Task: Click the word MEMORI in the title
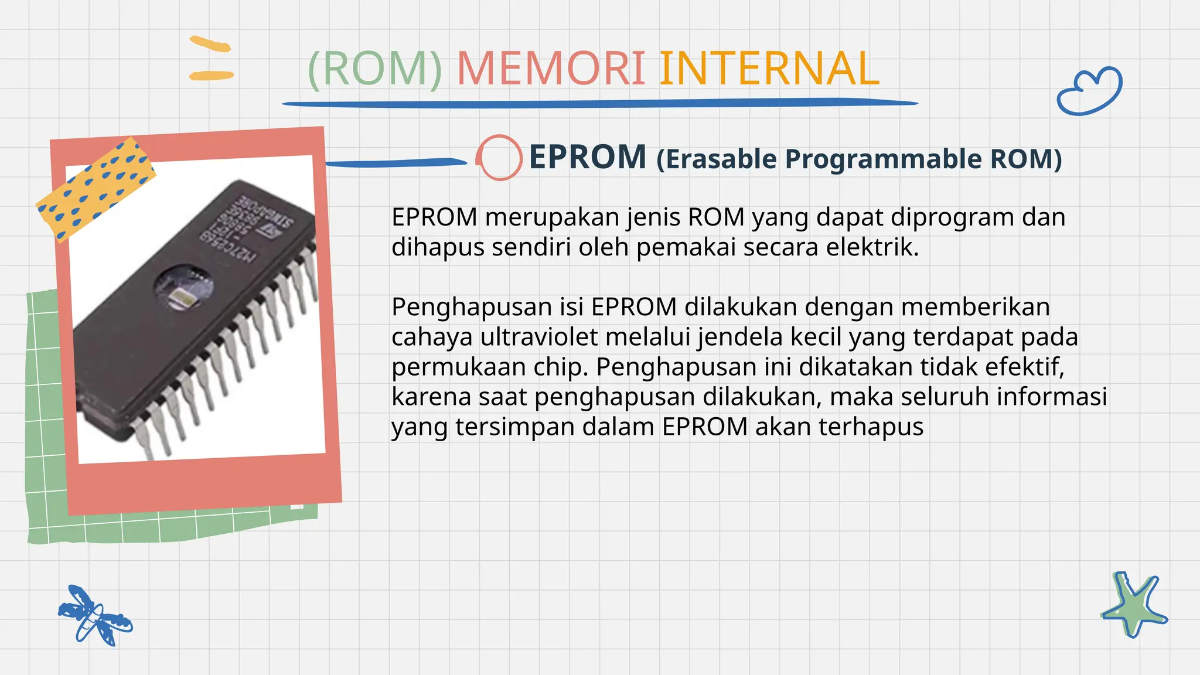[x=551, y=69]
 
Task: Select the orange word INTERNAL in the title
[x=769, y=69]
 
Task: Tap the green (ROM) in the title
[x=375, y=69]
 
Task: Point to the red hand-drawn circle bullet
[x=499, y=157]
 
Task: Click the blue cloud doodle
[x=1089, y=91]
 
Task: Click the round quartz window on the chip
[x=183, y=287]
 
